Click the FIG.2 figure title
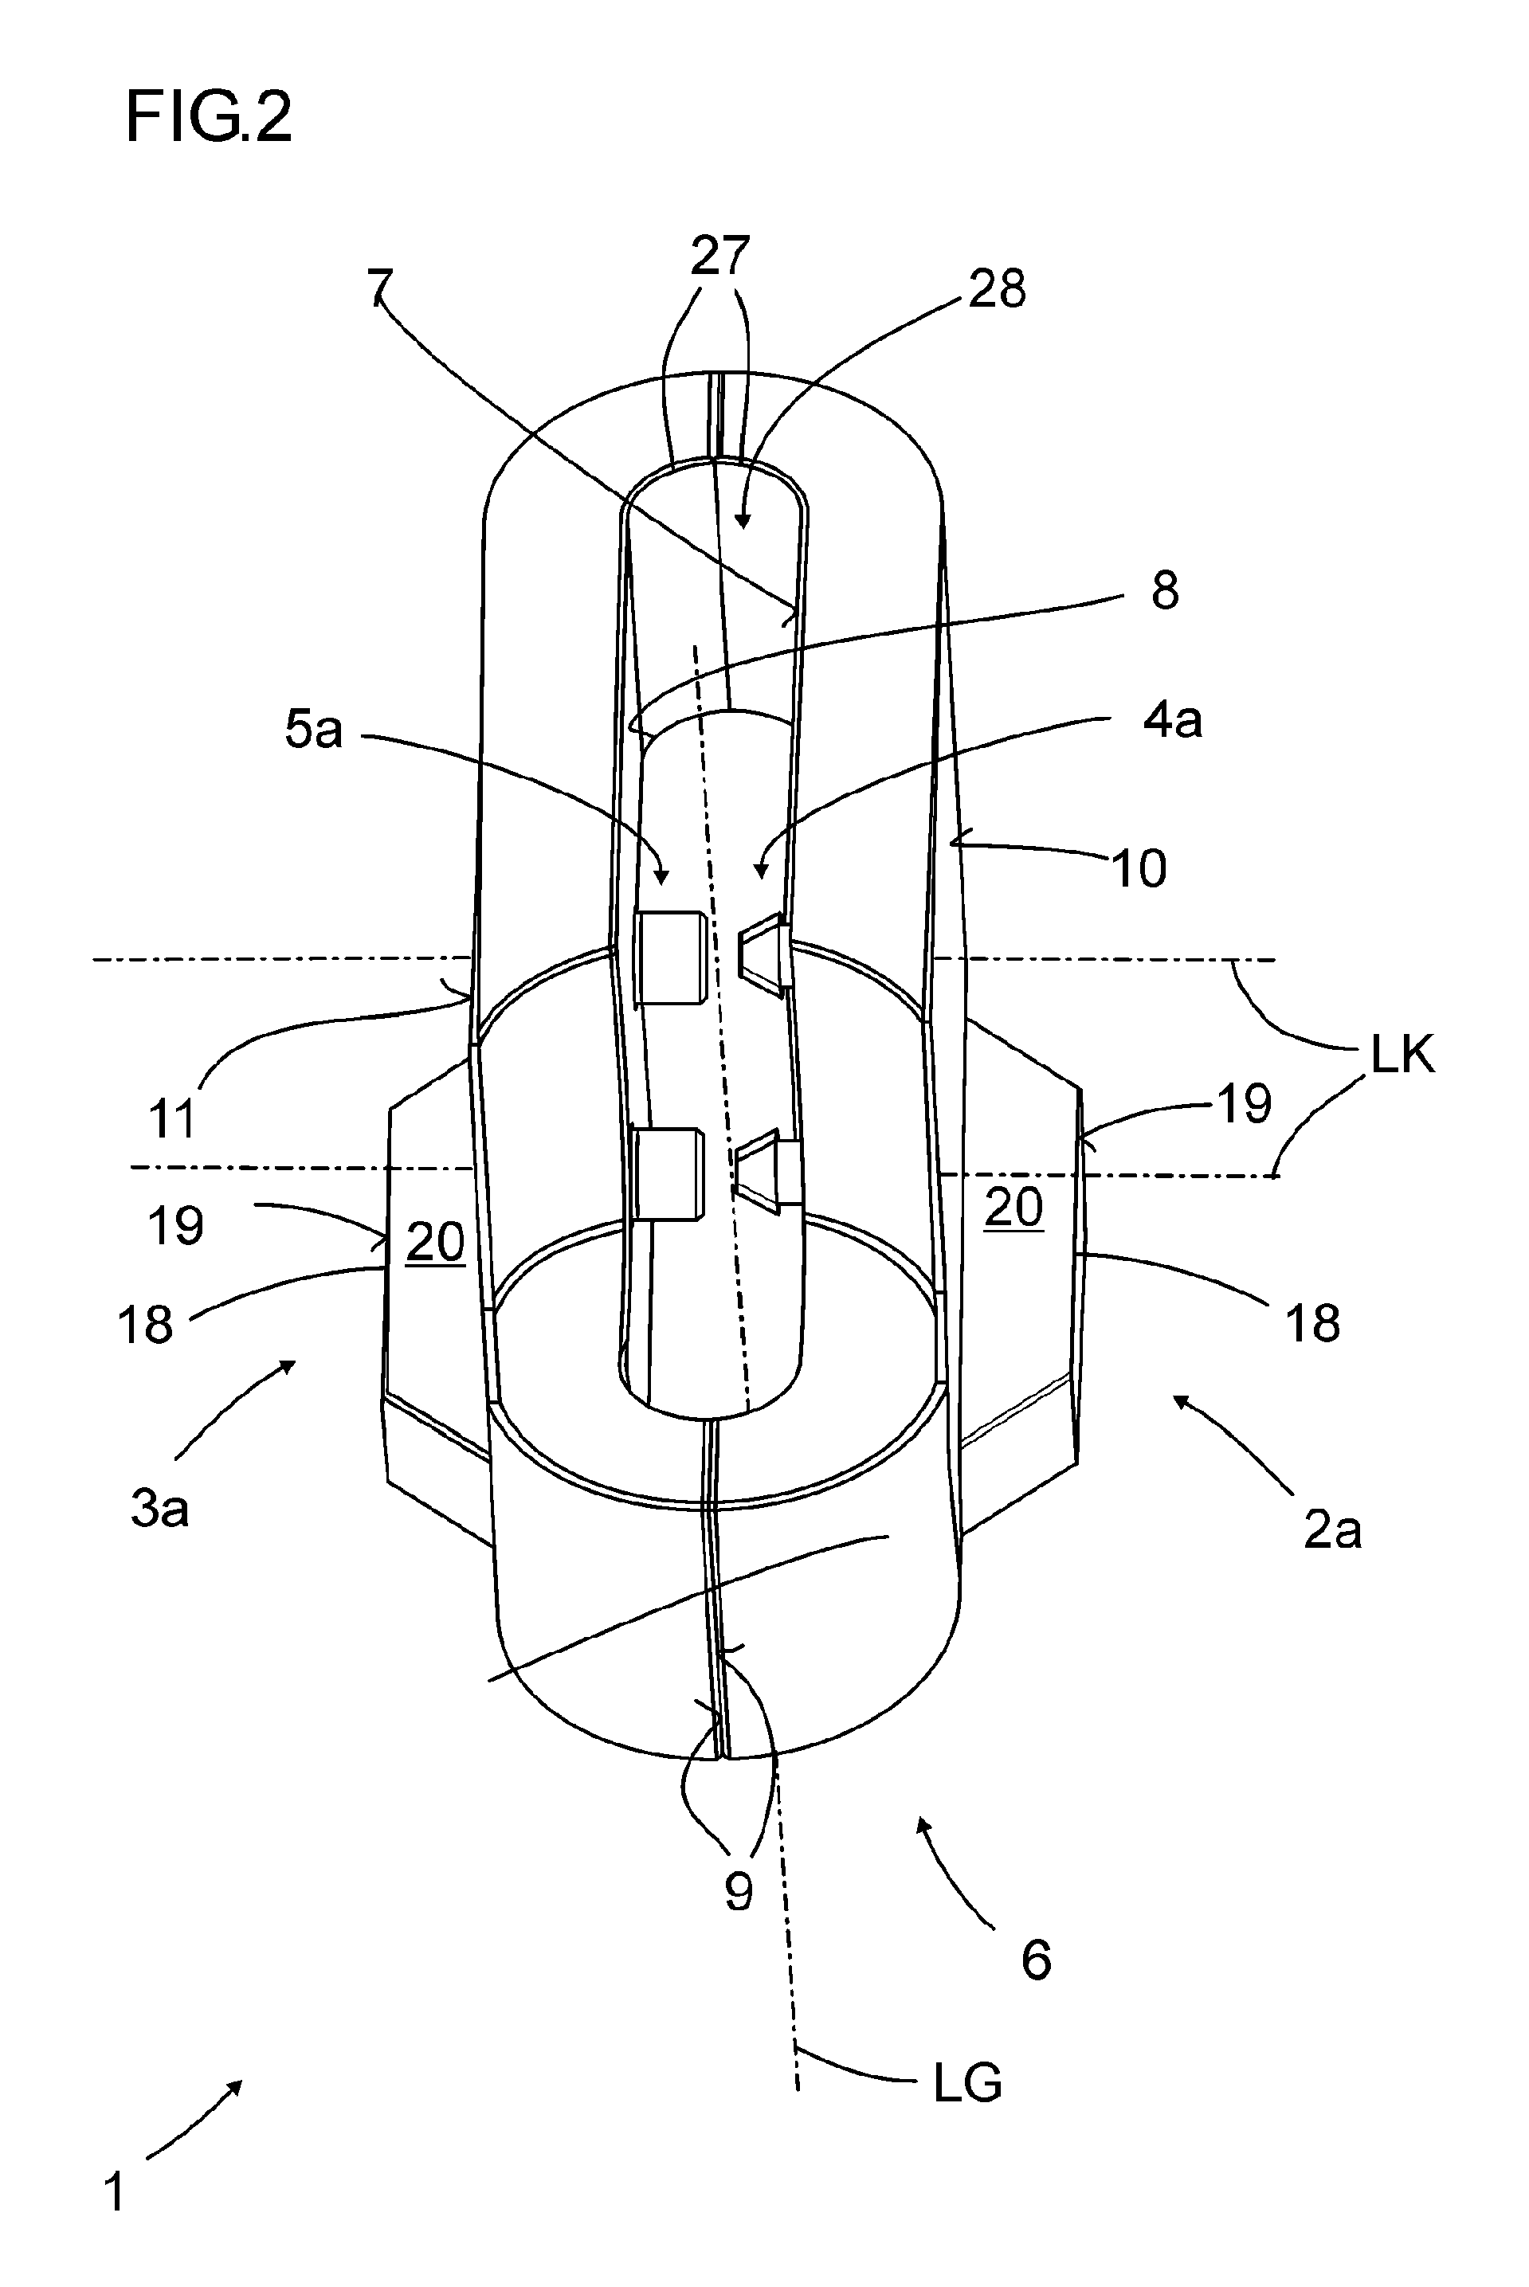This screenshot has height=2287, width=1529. coord(209,118)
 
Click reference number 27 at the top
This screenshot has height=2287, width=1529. coord(719,256)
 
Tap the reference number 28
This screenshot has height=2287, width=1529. coord(997,289)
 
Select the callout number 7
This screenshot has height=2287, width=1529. coord(379,288)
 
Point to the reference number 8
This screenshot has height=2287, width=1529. coord(1166,591)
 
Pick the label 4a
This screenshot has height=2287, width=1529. coord(1173,720)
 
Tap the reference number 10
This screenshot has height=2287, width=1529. coord(1139,867)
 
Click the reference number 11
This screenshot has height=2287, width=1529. coord(173,1119)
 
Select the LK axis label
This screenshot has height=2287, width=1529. coord(1403,1055)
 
